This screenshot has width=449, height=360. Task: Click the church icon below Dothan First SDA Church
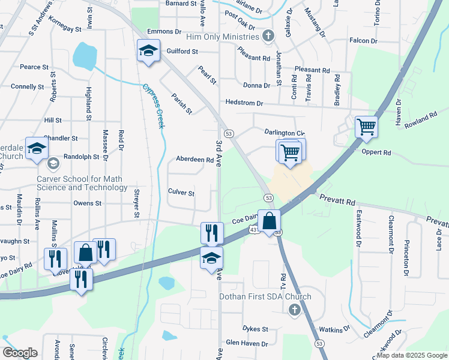pyautogui.click(x=294, y=310)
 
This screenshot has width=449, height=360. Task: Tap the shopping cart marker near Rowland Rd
pyautogui.click(x=366, y=128)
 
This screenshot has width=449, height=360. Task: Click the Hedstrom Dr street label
pyautogui.click(x=244, y=103)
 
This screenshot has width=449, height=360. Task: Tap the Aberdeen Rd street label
pyautogui.click(x=194, y=160)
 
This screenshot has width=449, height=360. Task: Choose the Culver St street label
pyautogui.click(x=181, y=193)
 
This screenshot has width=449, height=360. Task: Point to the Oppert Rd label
pyautogui.click(x=376, y=152)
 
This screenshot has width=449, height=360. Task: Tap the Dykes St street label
pyautogui.click(x=255, y=329)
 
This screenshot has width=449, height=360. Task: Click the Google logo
pyautogui.click(x=20, y=353)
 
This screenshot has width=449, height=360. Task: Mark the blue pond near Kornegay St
pyautogui.click(x=85, y=56)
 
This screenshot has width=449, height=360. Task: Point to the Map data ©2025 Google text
pyautogui.click(x=412, y=355)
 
